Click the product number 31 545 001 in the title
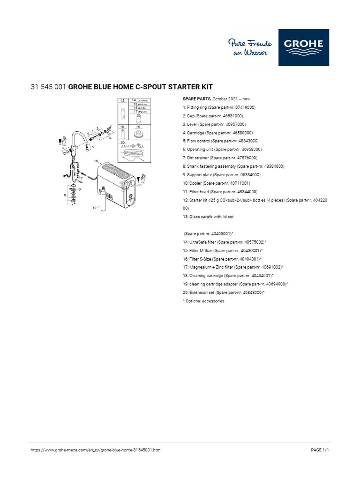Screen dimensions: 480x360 coord(48,87)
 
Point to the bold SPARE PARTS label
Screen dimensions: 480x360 coord(196,99)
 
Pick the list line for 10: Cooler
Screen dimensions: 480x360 coord(216,183)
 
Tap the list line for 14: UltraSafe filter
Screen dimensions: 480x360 coord(225,242)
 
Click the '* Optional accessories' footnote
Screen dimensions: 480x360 coord(203,301)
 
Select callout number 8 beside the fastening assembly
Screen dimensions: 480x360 coord(65,194)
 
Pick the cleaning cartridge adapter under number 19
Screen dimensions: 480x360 coord(138,133)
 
